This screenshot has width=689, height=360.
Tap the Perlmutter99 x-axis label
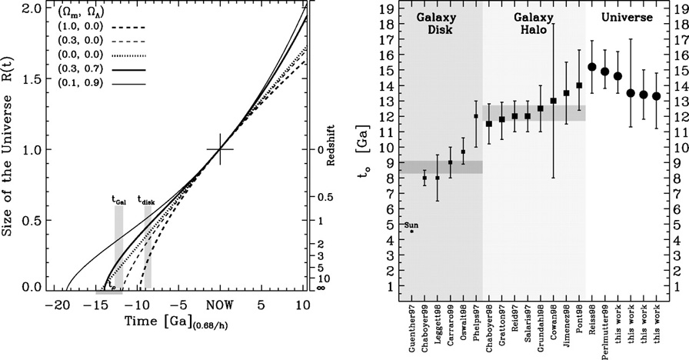coord(605,338)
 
